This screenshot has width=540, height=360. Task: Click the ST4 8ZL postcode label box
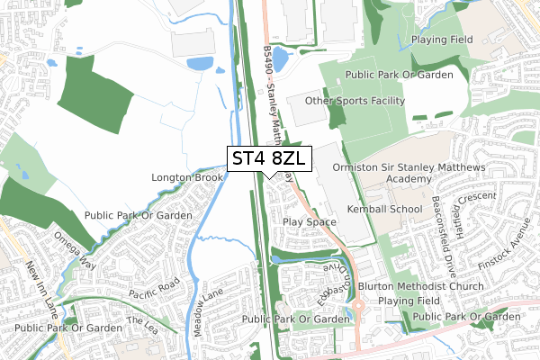coord(269,158)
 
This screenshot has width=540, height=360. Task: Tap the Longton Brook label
coord(186,178)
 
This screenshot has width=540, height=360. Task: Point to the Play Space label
coord(309,221)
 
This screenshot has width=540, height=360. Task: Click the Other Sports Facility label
coord(355,101)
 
